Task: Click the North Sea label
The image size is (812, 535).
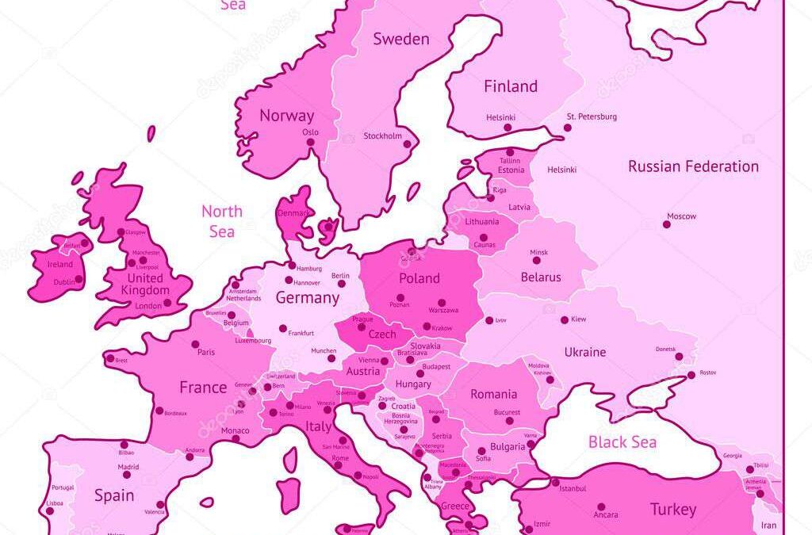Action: tap(221, 221)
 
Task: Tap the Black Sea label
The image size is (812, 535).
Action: tap(622, 442)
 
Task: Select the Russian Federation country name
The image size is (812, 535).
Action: tap(693, 166)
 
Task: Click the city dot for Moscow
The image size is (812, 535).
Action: tap(666, 224)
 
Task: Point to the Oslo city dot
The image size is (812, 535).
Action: tap(310, 143)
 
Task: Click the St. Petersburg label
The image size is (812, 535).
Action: tap(591, 117)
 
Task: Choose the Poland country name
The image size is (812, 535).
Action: tap(419, 278)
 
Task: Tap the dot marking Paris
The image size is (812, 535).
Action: tap(195, 344)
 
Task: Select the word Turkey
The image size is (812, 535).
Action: tap(672, 509)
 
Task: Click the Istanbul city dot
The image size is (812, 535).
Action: tap(555, 482)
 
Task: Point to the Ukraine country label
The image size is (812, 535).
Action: tap(585, 352)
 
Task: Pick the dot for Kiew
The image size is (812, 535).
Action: tap(565, 320)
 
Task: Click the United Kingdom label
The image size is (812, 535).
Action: tap(145, 285)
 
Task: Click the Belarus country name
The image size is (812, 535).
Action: tap(541, 277)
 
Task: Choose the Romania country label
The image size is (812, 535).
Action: tap(493, 394)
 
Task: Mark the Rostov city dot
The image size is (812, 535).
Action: tap(691, 374)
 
